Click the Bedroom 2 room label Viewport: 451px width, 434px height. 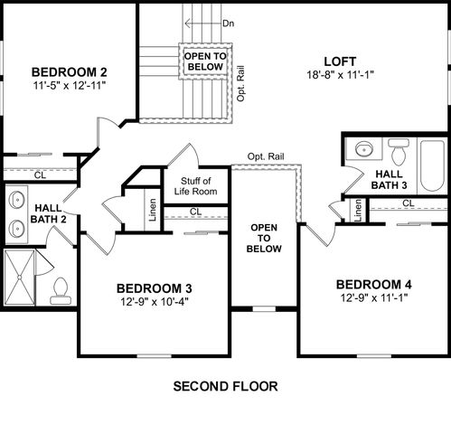tap(70, 72)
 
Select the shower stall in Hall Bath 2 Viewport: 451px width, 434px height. tap(23, 276)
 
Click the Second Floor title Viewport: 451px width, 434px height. tap(225, 386)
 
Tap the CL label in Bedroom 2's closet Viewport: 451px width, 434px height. tap(40, 175)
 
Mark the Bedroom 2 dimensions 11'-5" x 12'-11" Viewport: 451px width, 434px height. tap(70, 86)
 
